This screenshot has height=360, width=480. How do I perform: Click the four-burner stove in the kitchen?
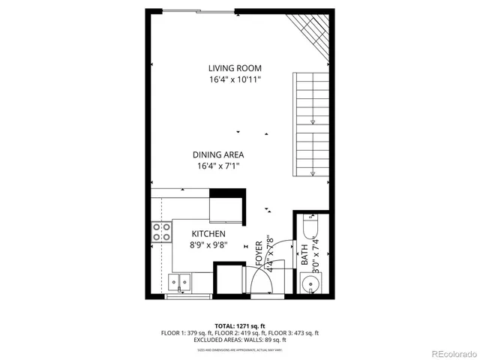coord(160,232)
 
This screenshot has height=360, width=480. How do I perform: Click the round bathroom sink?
coord(311,283)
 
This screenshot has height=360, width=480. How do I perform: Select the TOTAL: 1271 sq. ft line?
coord(239,325)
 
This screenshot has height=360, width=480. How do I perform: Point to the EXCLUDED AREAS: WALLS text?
coord(239,340)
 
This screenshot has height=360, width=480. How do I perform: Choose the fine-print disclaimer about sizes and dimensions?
coord(239,349)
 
